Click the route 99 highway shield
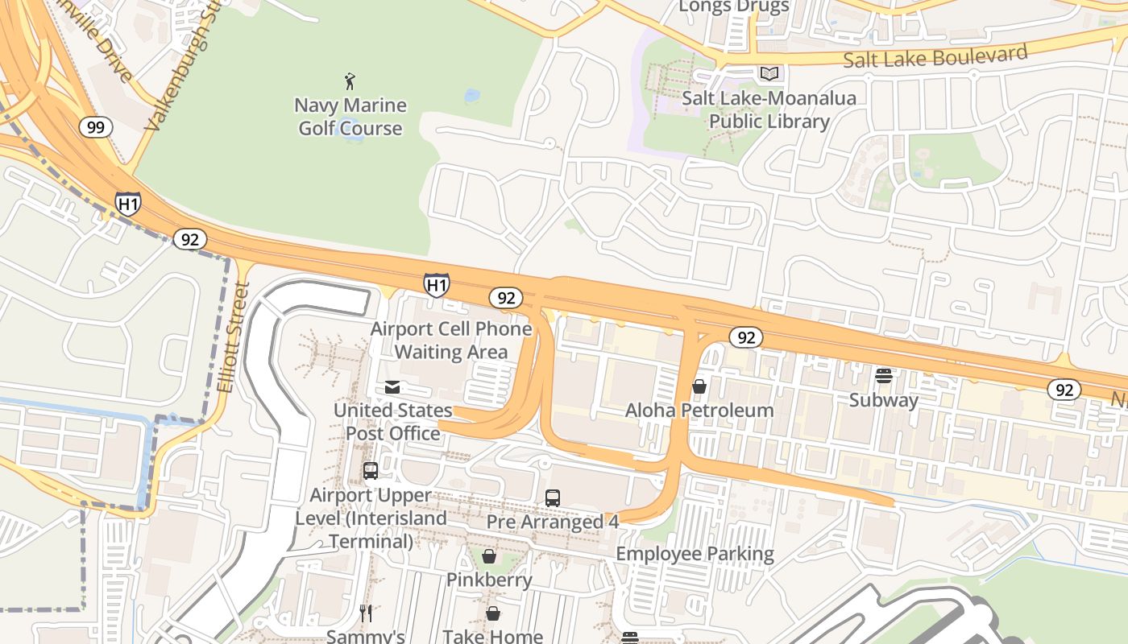coord(95,127)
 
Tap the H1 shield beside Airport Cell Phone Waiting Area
coord(436,284)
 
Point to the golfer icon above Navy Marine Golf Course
coord(350,80)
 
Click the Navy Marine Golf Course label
coord(350,117)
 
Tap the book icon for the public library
coord(770,74)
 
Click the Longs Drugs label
coord(733,7)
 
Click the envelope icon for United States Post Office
coord(392,387)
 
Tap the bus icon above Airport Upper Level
coord(371,471)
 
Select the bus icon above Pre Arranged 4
coord(553,497)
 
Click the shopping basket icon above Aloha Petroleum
coord(699,386)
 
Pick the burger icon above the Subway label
coord(884,376)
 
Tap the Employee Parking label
coord(695,554)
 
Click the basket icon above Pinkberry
coord(489,556)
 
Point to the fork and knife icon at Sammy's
coord(366,613)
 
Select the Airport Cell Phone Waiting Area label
coord(451,341)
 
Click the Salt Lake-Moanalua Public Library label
coord(769,110)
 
